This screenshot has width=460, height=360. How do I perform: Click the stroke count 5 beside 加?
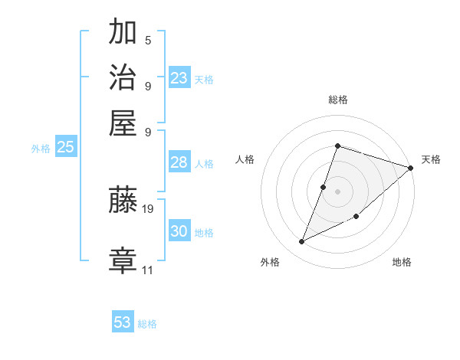pos(148,41)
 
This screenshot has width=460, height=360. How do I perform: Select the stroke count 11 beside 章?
pos(148,270)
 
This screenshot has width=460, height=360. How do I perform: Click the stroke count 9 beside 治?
pos(148,86)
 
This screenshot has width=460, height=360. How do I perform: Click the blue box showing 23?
pos(179,78)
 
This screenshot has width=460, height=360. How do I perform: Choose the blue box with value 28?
pos(179,162)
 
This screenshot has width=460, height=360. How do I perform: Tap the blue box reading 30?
pos(179,231)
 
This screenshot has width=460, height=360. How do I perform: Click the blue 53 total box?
pos(123,322)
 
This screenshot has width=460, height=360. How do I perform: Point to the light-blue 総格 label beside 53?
pos(148,324)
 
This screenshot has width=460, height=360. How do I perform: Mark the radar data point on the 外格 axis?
pos(302,242)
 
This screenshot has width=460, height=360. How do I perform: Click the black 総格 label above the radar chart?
pos(337,100)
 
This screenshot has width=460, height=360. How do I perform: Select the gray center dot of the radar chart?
pos(337,191)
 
